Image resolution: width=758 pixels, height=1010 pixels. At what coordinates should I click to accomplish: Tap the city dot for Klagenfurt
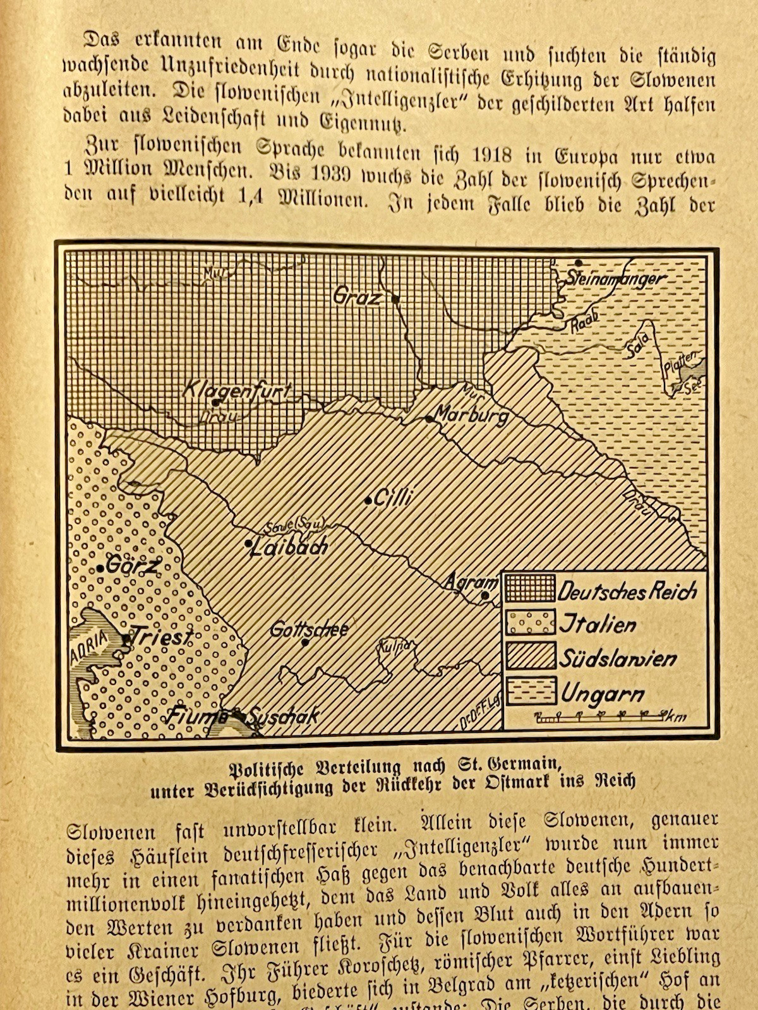(x=215, y=402)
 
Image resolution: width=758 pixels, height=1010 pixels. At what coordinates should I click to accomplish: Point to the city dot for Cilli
(x=368, y=501)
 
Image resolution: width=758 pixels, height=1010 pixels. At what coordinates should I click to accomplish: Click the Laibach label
(x=289, y=547)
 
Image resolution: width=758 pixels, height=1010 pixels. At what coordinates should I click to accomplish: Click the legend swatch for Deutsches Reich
(x=529, y=588)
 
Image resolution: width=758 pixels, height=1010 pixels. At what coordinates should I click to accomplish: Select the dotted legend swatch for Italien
(x=529, y=622)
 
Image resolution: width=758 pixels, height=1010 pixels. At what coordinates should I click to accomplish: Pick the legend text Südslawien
(x=617, y=658)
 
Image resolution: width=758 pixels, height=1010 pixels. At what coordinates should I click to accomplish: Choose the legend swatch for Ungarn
(x=529, y=692)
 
